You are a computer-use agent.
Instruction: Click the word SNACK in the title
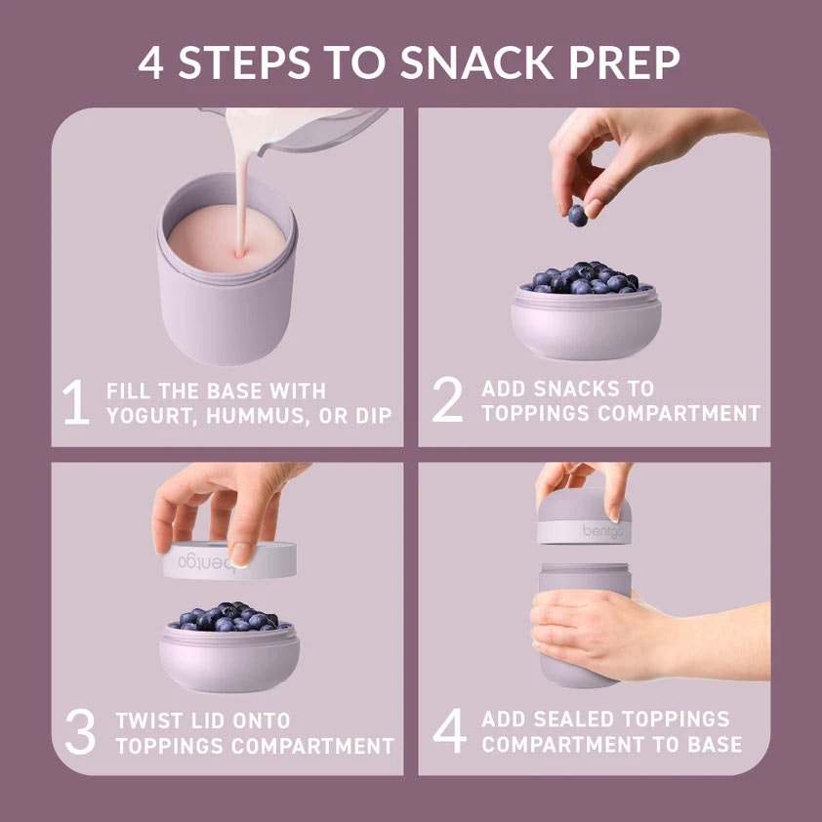476,62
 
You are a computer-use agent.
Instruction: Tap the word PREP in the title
623,62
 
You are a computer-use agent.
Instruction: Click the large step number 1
76,401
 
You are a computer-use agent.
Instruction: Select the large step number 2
448,399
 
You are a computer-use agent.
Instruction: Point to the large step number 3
80,731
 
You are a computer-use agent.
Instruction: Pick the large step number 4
449,731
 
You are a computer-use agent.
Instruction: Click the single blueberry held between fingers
577,216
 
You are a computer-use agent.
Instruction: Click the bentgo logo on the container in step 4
603,532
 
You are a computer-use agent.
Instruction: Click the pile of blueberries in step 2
587,277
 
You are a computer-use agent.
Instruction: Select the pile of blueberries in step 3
229,617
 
